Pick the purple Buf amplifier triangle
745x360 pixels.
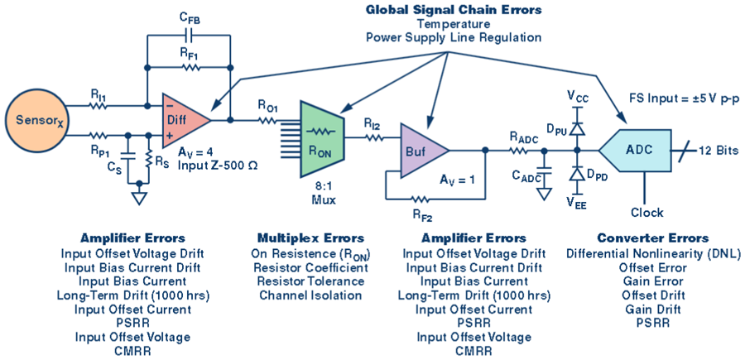(421, 151)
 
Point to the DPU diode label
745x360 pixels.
(556, 129)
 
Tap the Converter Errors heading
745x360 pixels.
(655, 238)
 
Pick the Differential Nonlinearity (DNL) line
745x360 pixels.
(655, 252)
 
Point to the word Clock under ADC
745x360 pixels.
(647, 213)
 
